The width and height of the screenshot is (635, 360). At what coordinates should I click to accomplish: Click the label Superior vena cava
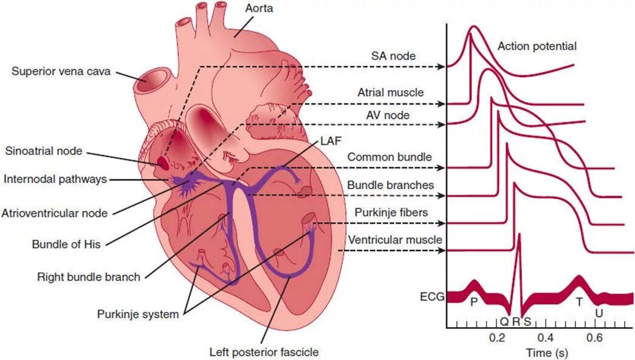coord(61,71)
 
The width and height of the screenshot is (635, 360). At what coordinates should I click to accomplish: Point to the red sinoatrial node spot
coord(163,162)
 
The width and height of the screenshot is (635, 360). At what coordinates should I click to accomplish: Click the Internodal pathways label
coord(55,179)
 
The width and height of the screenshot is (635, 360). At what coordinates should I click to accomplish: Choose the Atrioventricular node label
coord(55,213)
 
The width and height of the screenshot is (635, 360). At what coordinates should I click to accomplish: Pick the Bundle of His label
coord(66,245)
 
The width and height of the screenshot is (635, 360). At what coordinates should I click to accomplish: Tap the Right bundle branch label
coord(88,277)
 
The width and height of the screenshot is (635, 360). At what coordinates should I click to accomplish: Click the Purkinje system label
coord(138,314)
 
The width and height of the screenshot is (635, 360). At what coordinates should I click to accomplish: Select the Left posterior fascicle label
coord(264,351)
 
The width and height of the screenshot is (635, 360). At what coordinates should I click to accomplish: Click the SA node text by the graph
coord(394,56)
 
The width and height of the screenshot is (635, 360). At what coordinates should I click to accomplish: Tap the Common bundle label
coord(390,157)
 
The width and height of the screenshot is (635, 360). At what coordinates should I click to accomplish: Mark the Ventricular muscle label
coord(394,240)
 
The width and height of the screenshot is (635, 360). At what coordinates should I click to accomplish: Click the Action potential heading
coord(537,46)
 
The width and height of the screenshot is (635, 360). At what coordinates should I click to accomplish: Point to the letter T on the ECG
coord(579,302)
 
